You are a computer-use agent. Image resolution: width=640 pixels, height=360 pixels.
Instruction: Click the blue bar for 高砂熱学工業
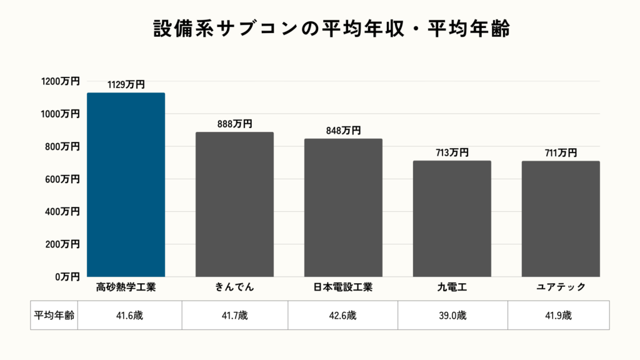pyautogui.click(x=126, y=184)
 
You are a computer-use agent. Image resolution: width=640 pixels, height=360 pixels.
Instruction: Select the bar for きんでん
pyautogui.click(x=234, y=204)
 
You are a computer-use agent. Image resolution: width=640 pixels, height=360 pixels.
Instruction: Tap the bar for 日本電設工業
pyautogui.click(x=343, y=207)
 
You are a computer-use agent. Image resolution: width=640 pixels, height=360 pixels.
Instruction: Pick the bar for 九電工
pyautogui.click(x=452, y=219)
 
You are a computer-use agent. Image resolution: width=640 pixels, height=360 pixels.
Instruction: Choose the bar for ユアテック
pyautogui.click(x=561, y=219)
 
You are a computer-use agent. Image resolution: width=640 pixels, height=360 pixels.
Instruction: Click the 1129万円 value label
pyautogui.click(x=126, y=84)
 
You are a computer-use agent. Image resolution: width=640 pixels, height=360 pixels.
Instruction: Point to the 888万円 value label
pyautogui.click(x=234, y=124)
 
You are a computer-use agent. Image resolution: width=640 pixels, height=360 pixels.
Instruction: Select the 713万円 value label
pyautogui.click(x=452, y=152)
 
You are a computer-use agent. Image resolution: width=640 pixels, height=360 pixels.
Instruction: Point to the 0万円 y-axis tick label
pyautogui.click(x=66, y=276)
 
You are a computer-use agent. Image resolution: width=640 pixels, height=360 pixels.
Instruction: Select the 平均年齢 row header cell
pyautogui.click(x=54, y=316)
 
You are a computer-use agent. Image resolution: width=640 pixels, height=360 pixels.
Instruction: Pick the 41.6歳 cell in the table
pyautogui.click(x=129, y=316)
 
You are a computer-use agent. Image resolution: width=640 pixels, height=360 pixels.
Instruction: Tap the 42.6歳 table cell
pyautogui.click(x=342, y=316)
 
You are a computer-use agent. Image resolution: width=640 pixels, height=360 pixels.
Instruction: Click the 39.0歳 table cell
pyautogui.click(x=452, y=316)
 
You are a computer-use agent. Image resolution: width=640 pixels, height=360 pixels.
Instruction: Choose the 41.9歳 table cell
pyautogui.click(x=558, y=316)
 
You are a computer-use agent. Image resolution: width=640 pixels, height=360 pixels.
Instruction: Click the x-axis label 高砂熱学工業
pyautogui.click(x=126, y=287)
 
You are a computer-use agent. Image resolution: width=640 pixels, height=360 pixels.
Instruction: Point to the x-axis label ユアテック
pyautogui.click(x=561, y=287)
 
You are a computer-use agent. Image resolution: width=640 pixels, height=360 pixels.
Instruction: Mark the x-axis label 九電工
pyautogui.click(x=452, y=287)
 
